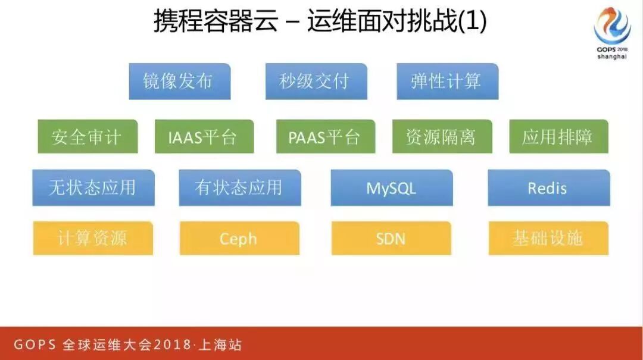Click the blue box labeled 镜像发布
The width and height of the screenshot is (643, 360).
[x=179, y=82]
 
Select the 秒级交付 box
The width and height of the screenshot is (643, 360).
[x=316, y=82]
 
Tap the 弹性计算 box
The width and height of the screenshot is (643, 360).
[x=447, y=82]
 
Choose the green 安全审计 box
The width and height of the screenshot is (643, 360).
[x=88, y=137]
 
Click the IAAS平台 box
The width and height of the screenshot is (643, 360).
[x=204, y=137]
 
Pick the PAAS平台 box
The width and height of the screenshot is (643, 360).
[x=325, y=137]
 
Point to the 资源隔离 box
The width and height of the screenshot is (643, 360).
[x=442, y=137]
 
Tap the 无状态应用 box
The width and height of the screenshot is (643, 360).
[x=93, y=188]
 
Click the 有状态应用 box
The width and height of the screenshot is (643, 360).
[x=239, y=188]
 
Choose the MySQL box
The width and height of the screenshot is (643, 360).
[x=391, y=188]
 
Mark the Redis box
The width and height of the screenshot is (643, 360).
[x=548, y=188]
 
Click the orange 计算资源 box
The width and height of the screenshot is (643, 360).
[x=93, y=239]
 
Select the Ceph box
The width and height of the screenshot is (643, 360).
[x=239, y=239]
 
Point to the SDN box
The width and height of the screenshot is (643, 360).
[x=391, y=239]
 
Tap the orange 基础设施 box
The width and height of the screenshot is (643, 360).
[x=548, y=239]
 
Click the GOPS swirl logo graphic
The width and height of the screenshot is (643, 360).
[x=612, y=25]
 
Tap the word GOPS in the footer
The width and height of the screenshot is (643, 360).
[x=35, y=345]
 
